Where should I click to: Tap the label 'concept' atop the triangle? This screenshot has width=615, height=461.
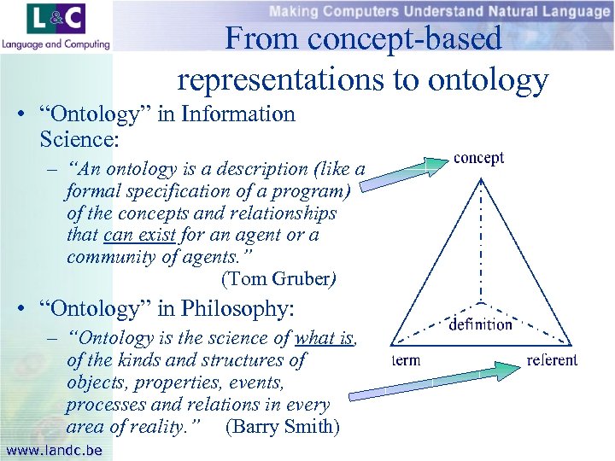(478, 158)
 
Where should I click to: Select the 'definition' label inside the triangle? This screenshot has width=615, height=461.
(481, 324)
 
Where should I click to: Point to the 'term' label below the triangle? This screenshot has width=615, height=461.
(406, 360)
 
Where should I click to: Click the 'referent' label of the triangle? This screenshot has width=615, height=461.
(552, 360)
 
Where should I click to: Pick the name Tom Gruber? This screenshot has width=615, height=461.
(278, 279)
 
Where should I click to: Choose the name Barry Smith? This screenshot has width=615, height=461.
(283, 427)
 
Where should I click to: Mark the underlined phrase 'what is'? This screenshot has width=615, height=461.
(325, 339)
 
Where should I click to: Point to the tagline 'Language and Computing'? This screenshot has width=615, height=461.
(56, 44)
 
